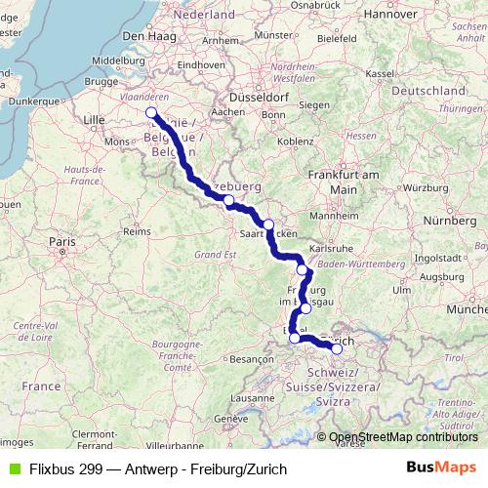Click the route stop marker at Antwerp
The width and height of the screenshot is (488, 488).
pos(151,113)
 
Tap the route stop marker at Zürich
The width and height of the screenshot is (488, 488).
pos(337,348)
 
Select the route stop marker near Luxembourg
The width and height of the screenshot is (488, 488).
pos(228,201)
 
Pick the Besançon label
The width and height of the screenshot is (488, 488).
pos(251,359)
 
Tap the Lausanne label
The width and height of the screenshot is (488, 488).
pos(252,398)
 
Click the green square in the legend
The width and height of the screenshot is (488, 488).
pos(13,469)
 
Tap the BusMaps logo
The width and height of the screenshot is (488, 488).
pos(440,468)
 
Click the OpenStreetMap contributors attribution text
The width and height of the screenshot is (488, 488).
pos(403,437)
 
